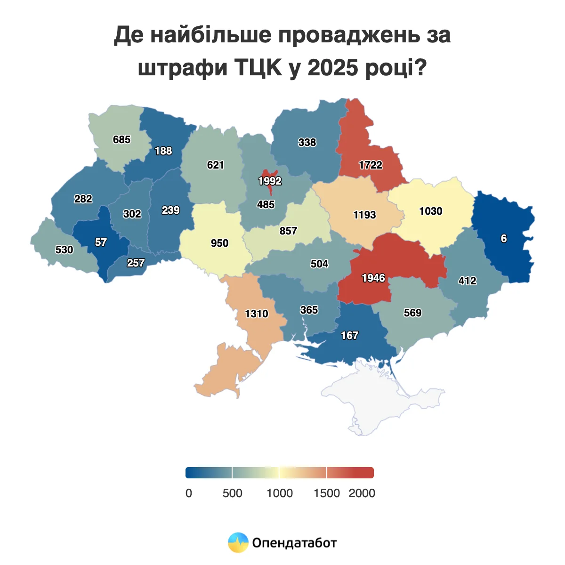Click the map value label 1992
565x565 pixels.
click(270, 181)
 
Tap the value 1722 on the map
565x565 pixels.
click(371, 165)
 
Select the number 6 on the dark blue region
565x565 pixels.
click(504, 238)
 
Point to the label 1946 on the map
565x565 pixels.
click(373, 278)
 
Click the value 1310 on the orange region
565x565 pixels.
click(257, 314)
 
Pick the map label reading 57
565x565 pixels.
click(101, 242)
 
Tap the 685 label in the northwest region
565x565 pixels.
click(122, 139)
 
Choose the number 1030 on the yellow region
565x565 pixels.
click(431, 211)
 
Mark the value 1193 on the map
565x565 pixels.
click(365, 215)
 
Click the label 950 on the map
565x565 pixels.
click(219, 243)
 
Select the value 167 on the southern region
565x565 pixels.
click(350, 335)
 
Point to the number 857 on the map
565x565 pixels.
click(288, 231)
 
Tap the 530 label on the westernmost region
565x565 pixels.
click(65, 250)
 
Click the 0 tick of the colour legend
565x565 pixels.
click(189, 493)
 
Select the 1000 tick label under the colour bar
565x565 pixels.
click(280, 493)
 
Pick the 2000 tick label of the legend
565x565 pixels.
click(362, 493)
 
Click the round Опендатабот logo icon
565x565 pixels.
click(238, 543)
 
